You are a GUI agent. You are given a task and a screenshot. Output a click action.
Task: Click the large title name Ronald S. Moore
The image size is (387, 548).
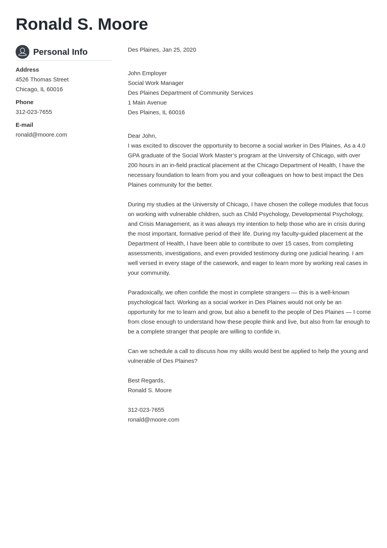click(82, 24)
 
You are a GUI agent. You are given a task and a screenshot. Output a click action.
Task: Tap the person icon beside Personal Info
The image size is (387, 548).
click(22, 52)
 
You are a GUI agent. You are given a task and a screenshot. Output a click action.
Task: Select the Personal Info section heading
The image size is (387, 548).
click(60, 52)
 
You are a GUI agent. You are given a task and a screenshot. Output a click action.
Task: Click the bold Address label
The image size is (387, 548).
click(27, 70)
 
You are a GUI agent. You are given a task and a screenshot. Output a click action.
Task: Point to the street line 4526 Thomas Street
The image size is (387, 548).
click(42, 79)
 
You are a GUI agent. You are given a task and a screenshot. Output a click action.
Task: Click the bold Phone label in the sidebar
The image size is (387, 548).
click(25, 102)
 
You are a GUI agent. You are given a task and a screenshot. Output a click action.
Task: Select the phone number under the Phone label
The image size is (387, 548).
click(34, 112)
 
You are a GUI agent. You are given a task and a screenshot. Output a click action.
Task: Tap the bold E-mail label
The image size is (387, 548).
click(24, 125)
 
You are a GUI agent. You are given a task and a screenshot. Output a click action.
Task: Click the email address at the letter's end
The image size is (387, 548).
click(153, 420)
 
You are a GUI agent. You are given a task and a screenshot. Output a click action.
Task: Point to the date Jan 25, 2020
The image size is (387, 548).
click(179, 50)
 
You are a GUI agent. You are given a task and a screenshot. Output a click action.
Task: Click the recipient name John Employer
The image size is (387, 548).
click(147, 73)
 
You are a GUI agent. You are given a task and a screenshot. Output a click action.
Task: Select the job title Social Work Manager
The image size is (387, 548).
click(156, 83)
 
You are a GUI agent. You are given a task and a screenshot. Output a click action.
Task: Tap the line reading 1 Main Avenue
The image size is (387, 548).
click(147, 103)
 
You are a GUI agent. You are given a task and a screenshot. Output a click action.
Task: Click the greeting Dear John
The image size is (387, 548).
click(142, 136)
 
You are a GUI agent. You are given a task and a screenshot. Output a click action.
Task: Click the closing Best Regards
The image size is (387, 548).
click(146, 380)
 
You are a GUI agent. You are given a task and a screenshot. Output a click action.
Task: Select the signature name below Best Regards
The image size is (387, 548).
click(150, 390)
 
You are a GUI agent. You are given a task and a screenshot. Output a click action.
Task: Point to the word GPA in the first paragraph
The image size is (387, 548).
click(134, 155)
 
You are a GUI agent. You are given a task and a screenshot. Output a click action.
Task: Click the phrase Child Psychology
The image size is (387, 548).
click(266, 214)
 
